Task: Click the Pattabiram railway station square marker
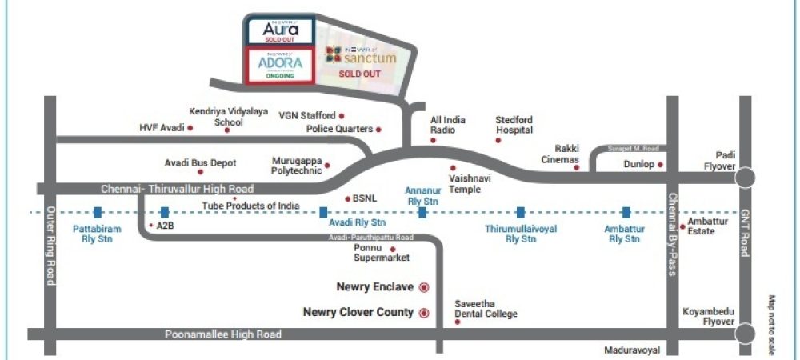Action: click(97, 213)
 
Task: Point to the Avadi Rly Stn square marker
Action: click(323, 213)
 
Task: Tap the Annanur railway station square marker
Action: click(422, 213)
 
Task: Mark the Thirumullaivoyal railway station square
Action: click(520, 213)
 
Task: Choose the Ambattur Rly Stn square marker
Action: click(626, 213)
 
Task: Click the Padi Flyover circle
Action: click(746, 178)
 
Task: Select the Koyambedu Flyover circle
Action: click(746, 334)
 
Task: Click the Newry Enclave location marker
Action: click(425, 287)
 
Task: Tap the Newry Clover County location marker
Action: click(425, 313)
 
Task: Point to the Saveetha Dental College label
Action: click(486, 310)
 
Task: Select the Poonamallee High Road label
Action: click(223, 334)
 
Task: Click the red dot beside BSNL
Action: click(346, 198)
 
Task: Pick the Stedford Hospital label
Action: click(514, 124)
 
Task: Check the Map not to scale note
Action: click(772, 324)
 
